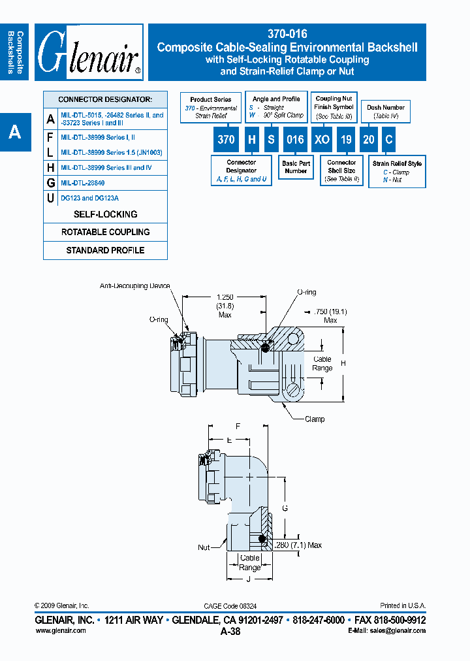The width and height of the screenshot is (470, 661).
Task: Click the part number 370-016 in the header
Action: (287, 33)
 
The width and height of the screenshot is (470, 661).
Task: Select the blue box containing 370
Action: (226, 139)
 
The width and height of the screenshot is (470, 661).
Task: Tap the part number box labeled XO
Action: (321, 139)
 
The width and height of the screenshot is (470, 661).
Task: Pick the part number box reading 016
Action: (295, 139)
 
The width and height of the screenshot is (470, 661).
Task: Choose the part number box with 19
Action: (346, 139)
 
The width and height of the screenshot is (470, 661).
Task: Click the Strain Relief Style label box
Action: (397, 171)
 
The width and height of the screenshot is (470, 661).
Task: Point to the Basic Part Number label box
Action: (296, 167)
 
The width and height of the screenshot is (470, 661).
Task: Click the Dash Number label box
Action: (386, 112)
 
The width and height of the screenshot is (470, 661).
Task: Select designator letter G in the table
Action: (51, 184)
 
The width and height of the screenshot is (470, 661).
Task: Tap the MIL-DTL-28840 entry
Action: (82, 184)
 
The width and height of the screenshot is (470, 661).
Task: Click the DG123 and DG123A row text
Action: (90, 198)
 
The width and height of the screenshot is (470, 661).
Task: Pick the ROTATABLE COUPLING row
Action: (105, 232)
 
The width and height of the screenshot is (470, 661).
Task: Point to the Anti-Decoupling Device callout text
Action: (135, 286)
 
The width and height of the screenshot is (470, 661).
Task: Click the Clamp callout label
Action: (314, 419)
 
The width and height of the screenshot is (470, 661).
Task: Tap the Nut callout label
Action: (204, 547)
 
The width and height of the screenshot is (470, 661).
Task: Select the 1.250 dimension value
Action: (225, 297)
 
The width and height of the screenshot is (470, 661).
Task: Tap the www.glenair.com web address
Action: (60, 630)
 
